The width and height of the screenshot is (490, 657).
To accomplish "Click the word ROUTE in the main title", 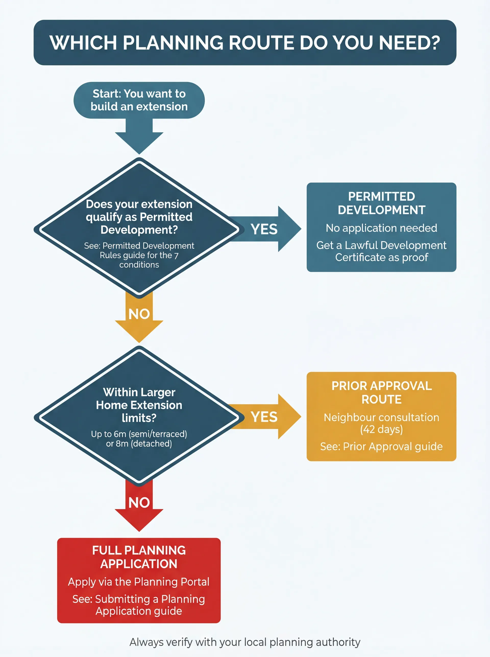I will pyautogui.click(x=261, y=43).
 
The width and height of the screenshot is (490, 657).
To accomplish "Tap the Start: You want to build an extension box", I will pyautogui.click(x=139, y=100).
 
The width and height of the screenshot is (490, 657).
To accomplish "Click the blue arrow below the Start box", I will pyautogui.click(x=139, y=137).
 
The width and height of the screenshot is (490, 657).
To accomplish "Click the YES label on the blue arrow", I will pyautogui.click(x=264, y=229).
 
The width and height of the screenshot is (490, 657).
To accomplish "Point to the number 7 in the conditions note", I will pyautogui.click(x=176, y=256).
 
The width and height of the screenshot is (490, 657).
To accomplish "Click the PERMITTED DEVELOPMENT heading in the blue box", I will pyautogui.click(x=382, y=203).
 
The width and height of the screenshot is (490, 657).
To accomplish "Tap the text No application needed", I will pyautogui.click(x=382, y=228).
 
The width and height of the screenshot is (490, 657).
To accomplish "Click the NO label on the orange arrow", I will pyautogui.click(x=139, y=314).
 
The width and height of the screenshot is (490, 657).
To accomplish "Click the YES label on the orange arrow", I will pyautogui.click(x=264, y=417).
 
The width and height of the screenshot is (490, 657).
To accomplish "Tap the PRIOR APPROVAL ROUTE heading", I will pyautogui.click(x=382, y=392).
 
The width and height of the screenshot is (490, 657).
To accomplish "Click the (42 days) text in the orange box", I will pyautogui.click(x=382, y=430).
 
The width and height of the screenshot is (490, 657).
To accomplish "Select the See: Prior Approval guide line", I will pyautogui.click(x=382, y=446).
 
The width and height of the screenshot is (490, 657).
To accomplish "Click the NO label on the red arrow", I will pyautogui.click(x=139, y=503).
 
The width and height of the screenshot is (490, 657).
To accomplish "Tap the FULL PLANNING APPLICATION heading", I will pyautogui.click(x=139, y=557).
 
